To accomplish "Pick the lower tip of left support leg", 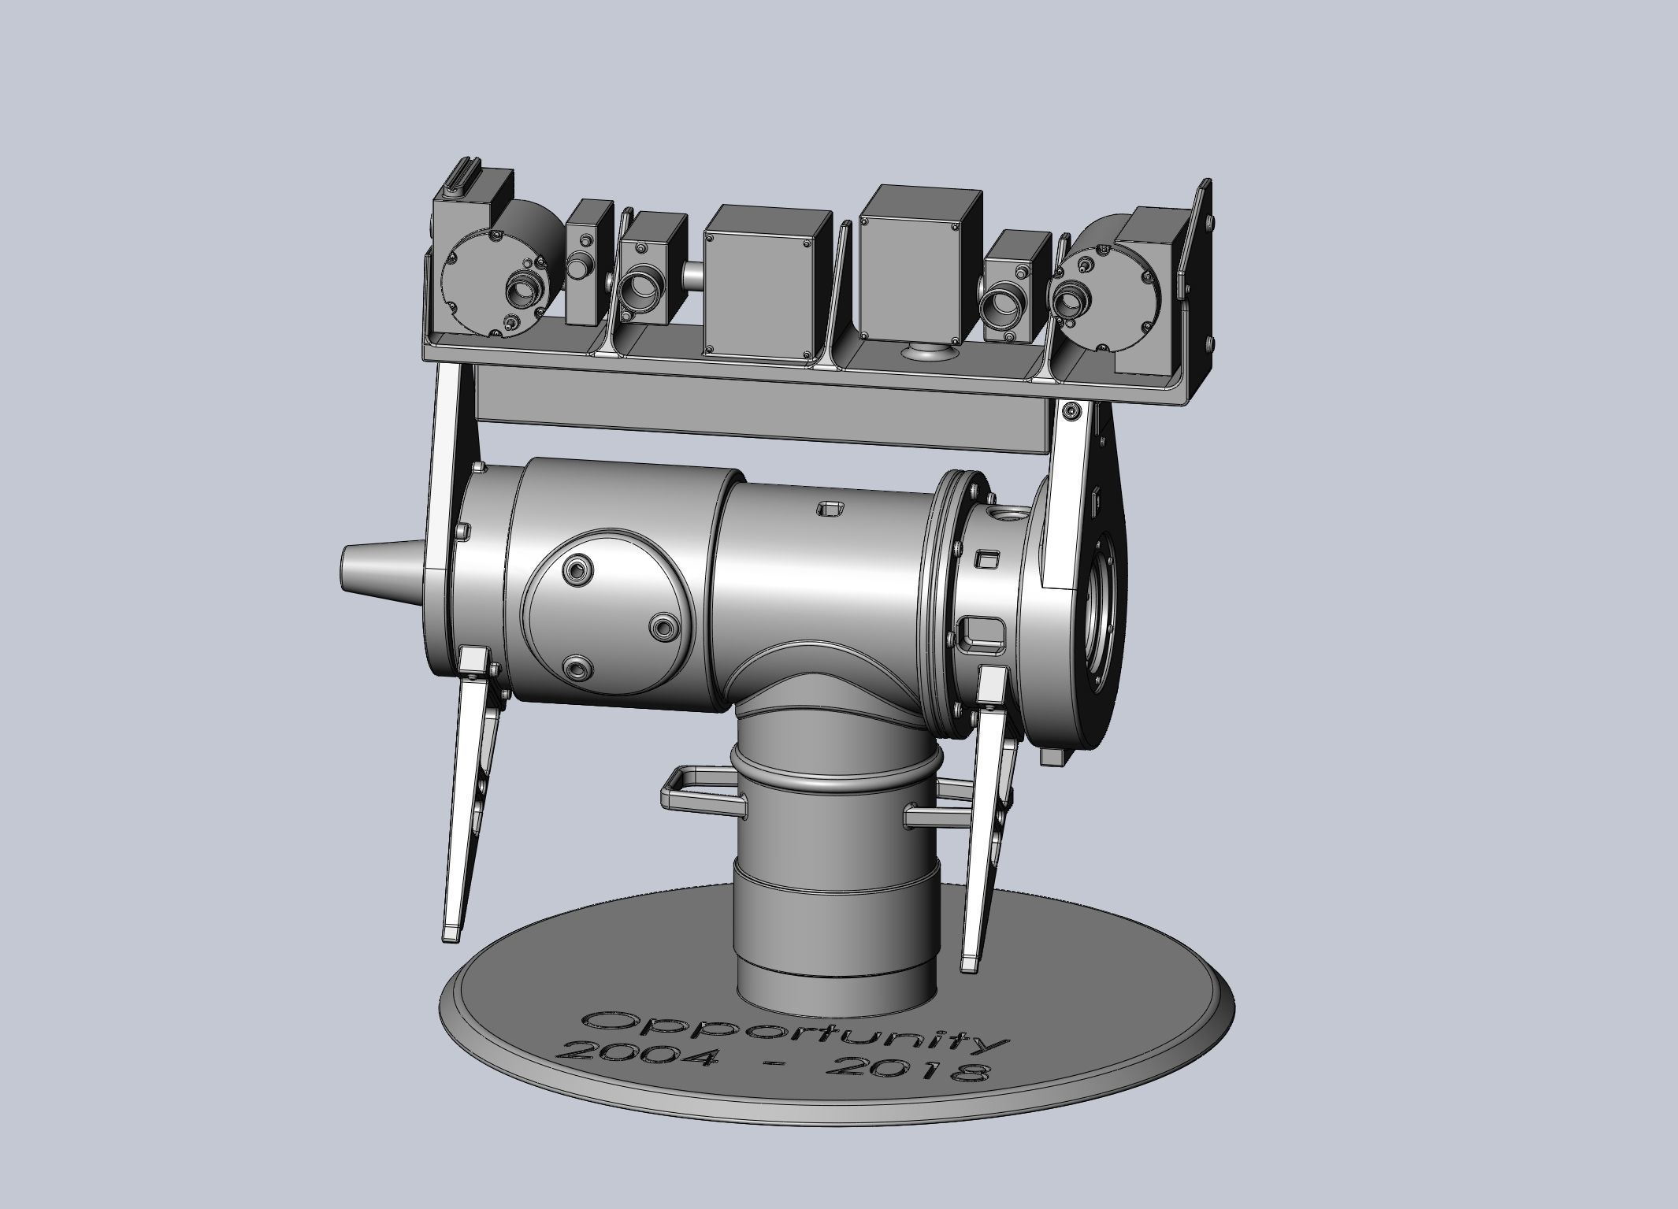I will click(453, 935).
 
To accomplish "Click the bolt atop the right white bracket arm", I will click(1071, 410).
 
